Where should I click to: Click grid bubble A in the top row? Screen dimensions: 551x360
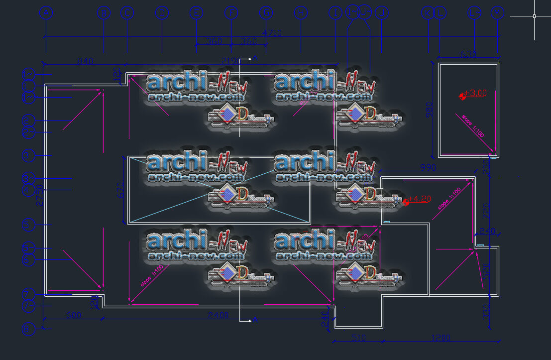coord(46,13)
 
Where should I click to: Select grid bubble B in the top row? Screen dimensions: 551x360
coord(104,13)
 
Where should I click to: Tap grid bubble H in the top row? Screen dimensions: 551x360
coord(301,13)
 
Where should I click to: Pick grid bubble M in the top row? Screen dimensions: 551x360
coord(497,13)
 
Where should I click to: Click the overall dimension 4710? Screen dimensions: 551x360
coord(272,33)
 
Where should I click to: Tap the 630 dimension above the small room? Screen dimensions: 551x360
coord(468,54)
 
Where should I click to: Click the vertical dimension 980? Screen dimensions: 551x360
coord(431,110)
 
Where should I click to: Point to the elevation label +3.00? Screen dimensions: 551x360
coord(475,93)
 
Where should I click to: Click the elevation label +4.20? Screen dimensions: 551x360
coord(419,199)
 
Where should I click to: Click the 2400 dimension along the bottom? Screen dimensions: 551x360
coord(218,315)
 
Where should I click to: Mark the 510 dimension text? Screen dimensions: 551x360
coord(358,338)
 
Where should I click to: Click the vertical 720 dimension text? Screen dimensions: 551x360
coord(486,212)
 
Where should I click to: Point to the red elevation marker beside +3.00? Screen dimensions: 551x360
coord(462,95)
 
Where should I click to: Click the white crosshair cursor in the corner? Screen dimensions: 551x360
coord(535,16)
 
